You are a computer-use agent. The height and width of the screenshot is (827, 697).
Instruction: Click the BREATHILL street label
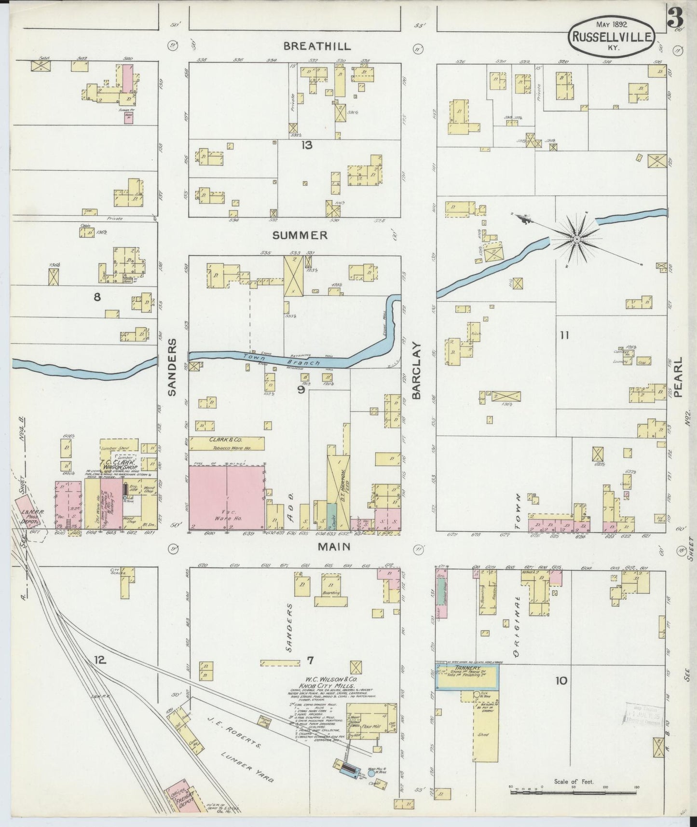pos(317,46)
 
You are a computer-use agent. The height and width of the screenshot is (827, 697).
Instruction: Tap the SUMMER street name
pos(300,235)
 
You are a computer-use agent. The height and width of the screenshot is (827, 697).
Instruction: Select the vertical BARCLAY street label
pos(417,371)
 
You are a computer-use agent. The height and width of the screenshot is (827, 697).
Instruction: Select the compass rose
pos(576,239)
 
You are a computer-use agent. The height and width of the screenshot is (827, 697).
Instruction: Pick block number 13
pos(307,145)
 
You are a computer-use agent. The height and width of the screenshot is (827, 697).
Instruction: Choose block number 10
pos(561,681)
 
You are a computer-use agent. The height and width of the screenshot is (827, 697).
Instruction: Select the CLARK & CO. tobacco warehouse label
pos(226,440)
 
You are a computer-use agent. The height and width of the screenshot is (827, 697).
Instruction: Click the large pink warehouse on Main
pos(226,497)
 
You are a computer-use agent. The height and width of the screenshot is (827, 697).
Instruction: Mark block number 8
pos(97,297)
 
